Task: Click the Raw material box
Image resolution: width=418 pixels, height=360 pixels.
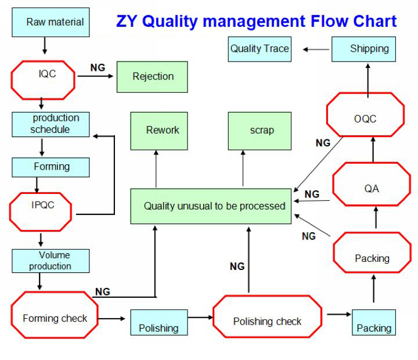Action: (51, 23)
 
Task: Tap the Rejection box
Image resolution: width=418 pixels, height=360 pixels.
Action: (152, 77)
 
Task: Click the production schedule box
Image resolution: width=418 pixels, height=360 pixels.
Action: (51, 124)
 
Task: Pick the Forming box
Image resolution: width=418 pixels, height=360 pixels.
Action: (51, 167)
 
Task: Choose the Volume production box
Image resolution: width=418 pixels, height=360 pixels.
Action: (51, 261)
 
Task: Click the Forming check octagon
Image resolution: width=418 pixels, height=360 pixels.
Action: (55, 317)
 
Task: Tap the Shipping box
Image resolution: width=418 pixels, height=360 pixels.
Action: (363, 49)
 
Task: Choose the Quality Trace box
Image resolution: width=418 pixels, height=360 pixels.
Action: (260, 49)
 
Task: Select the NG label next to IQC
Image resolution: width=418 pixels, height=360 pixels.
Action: (98, 68)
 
